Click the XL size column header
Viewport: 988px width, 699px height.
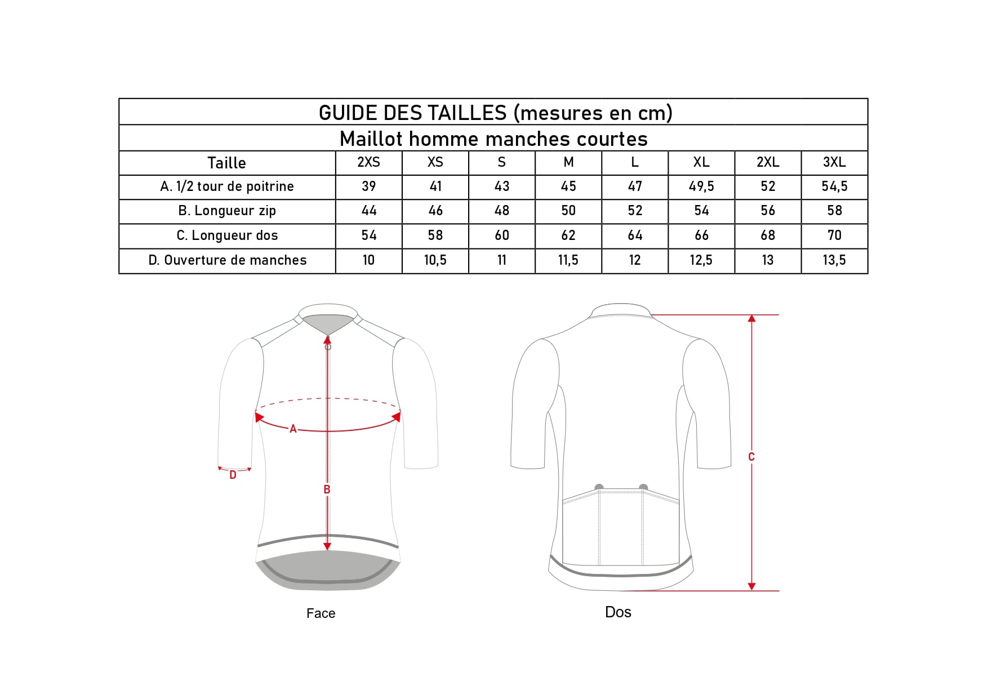pyautogui.click(x=701, y=162)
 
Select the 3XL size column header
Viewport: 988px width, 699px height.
pyautogui.click(x=834, y=162)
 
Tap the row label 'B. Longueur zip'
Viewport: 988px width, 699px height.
pyautogui.click(x=227, y=211)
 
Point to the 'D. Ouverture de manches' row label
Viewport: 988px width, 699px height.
pyautogui.click(x=227, y=260)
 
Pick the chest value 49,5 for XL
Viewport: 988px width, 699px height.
pyautogui.click(x=701, y=186)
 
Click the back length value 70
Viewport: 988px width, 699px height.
pyautogui.click(x=834, y=235)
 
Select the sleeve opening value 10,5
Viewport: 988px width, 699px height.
pyautogui.click(x=435, y=260)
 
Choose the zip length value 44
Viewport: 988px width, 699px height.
pyautogui.click(x=369, y=211)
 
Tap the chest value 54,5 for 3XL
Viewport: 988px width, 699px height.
pyautogui.click(x=834, y=186)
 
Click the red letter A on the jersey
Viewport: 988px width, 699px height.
pyautogui.click(x=293, y=429)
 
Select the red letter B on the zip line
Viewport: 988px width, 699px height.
pyautogui.click(x=327, y=489)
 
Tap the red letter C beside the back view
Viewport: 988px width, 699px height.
pyautogui.click(x=751, y=457)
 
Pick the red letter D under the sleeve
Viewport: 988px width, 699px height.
pyautogui.click(x=233, y=475)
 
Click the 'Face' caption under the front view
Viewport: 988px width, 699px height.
pyautogui.click(x=321, y=613)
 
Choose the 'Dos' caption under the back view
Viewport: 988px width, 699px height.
pyautogui.click(x=618, y=612)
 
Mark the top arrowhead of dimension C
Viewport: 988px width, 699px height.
pyautogui.click(x=751, y=319)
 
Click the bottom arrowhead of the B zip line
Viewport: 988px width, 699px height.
pyautogui.click(x=327, y=546)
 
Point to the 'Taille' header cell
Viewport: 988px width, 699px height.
pyautogui.click(x=226, y=163)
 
